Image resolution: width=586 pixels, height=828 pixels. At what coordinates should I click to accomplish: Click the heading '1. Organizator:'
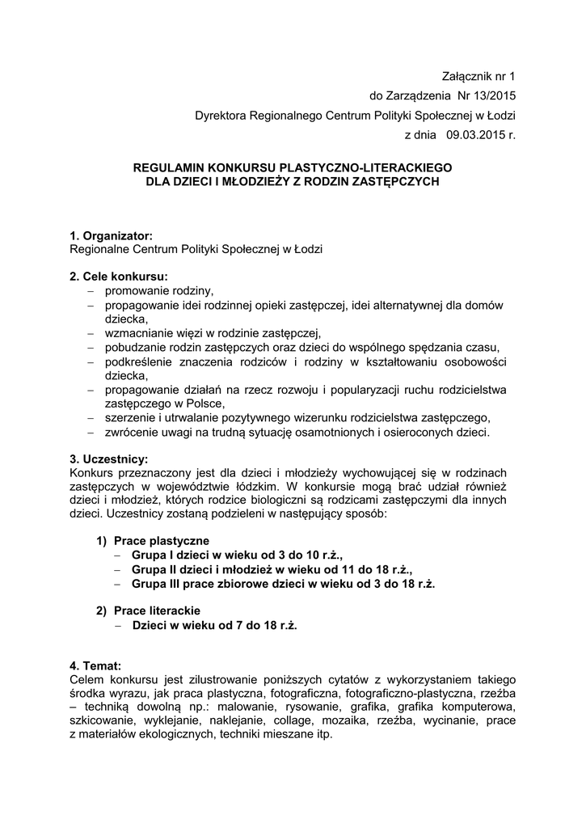click(112, 235)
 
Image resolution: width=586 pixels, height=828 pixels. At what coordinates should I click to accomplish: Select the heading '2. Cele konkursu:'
click(119, 277)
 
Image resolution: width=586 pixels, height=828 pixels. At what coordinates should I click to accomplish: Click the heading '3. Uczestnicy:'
click(109, 458)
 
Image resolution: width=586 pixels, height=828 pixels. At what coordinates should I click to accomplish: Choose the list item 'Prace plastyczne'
click(162, 540)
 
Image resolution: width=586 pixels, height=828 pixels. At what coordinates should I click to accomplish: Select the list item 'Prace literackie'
click(157, 610)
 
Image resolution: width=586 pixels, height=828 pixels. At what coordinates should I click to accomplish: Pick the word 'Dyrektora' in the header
click(221, 116)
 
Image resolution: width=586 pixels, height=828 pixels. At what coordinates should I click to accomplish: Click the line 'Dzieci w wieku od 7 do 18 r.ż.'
click(214, 625)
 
